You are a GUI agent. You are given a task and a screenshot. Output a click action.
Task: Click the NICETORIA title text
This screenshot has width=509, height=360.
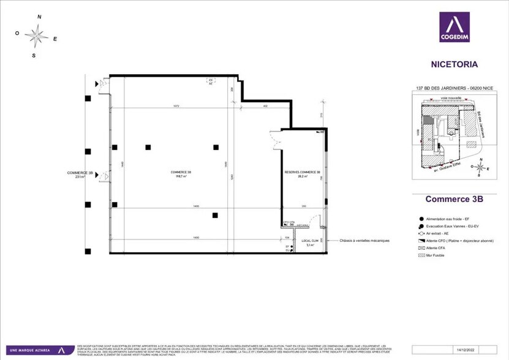pyautogui.click(x=454, y=64)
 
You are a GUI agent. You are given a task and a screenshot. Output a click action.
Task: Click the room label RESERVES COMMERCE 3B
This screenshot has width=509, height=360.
pyautogui.click(x=303, y=173)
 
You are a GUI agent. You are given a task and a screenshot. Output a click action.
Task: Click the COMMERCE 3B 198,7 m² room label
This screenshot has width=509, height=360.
pyautogui.click(x=181, y=174)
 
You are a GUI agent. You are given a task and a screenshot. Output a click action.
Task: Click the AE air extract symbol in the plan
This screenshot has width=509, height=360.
pyautogui.click(x=210, y=81)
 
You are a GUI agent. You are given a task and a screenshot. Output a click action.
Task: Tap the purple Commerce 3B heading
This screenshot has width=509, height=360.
pyautogui.click(x=454, y=199)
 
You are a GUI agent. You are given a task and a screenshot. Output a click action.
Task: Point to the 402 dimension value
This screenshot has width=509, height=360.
pyautogui.click(x=266, y=107)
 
